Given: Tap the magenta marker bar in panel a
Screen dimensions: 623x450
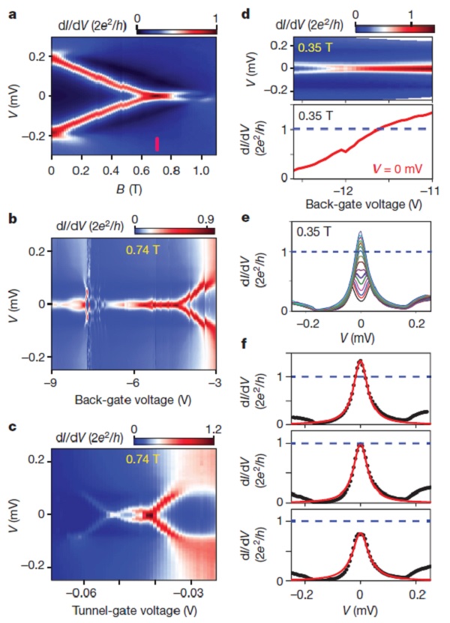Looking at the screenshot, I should [x=157, y=144].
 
